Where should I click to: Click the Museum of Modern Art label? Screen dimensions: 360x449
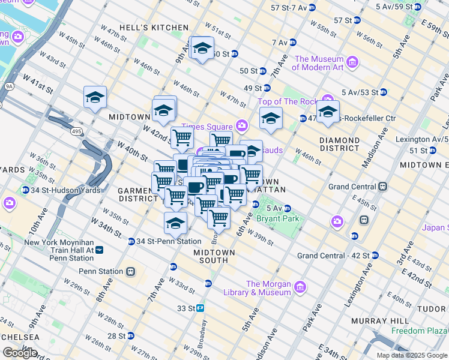coord(319,63)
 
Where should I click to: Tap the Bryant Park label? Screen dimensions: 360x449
coord(273,218)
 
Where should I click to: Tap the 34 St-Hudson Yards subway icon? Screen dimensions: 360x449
coord(25,190)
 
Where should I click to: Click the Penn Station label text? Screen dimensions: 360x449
coord(100,271)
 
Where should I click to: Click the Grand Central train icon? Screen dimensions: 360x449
coord(381,187)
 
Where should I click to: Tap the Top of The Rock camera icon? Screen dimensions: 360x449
coord(328,99)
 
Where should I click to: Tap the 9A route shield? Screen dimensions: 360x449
coord(9,86)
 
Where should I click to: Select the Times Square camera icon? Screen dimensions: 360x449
coord(242,125)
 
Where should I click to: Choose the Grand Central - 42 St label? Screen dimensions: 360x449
coord(331,256)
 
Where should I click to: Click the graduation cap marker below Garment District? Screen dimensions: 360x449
coord(175,224)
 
